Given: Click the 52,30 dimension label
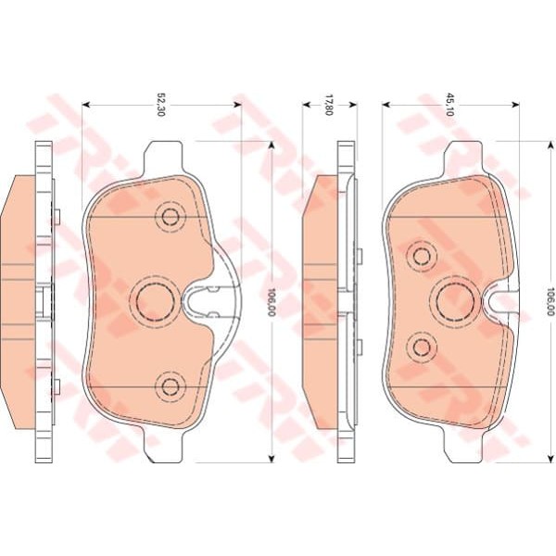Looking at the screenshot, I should coord(159,105).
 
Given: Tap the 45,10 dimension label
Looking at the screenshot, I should coord(450,104).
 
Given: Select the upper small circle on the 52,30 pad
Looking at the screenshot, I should coord(170,218).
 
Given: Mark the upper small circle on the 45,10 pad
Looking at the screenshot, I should coord(423,255).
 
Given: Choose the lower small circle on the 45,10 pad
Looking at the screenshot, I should coord(423,346).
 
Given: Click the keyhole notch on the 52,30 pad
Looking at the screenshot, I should coord(201,299).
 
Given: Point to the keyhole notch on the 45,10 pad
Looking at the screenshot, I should coord(501,299).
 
